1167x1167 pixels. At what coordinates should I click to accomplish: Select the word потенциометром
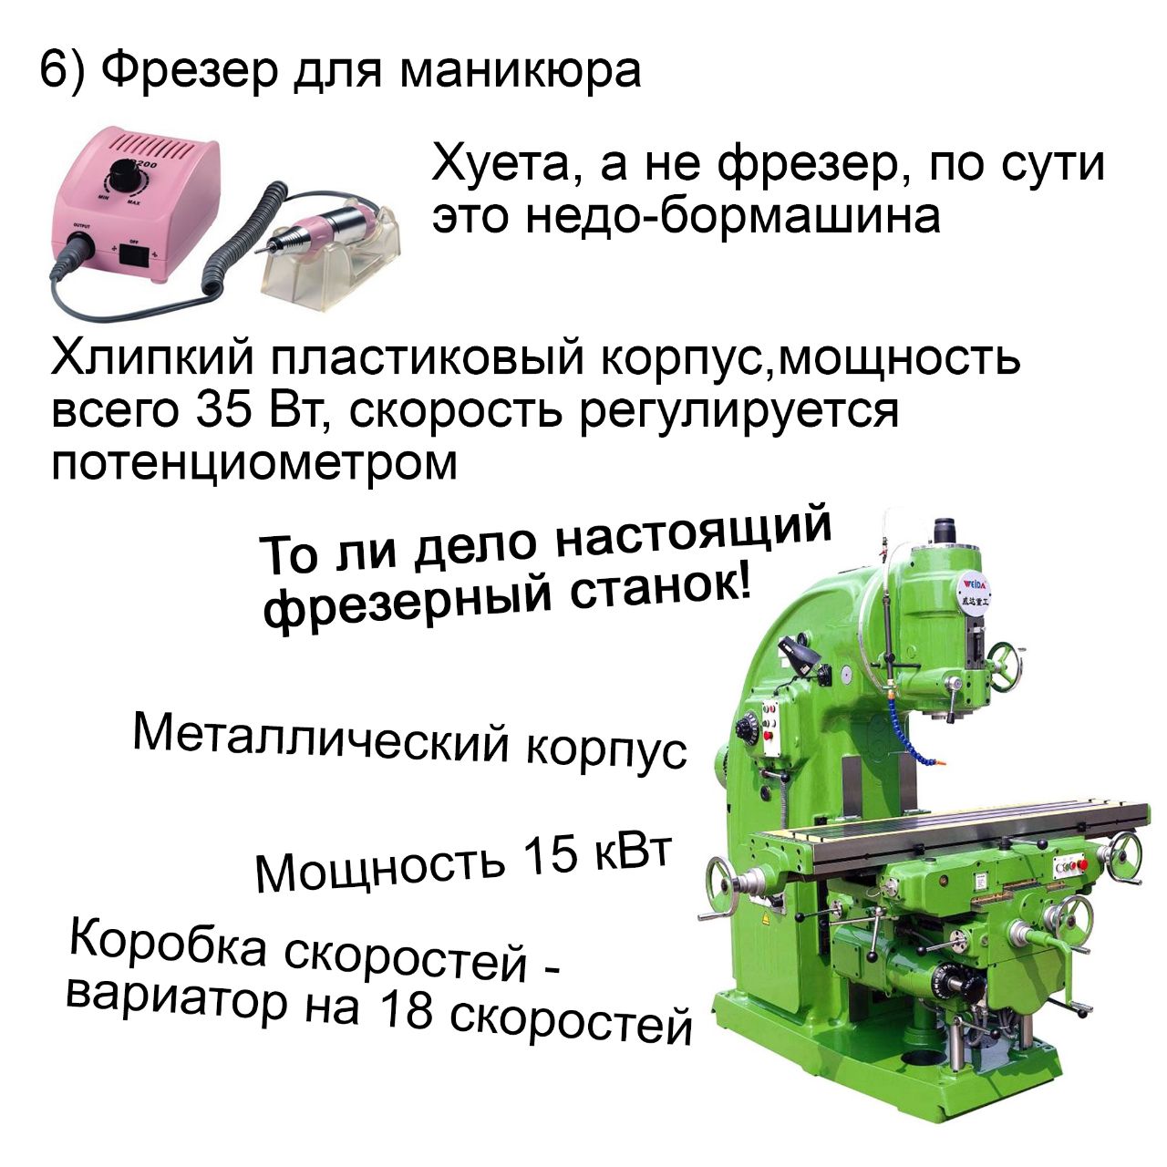tap(254, 463)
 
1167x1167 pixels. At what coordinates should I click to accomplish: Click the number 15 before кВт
tap(549, 856)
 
